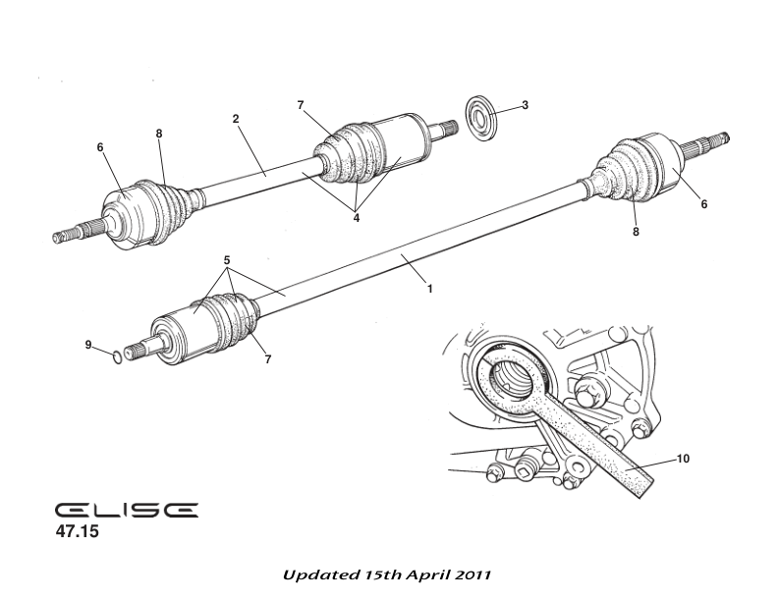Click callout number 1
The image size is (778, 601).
pos(429,289)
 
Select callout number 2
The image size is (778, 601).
pos(236,119)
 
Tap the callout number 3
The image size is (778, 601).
pos(525,104)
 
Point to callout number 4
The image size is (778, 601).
pos(356,218)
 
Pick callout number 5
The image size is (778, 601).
pos(227,260)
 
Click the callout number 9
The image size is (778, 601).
pos(87,345)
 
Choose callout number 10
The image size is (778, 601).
pos(683,459)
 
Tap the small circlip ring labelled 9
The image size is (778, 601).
pos(117,355)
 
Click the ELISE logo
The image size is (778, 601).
pos(126,511)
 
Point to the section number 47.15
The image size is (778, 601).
pos(78,534)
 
